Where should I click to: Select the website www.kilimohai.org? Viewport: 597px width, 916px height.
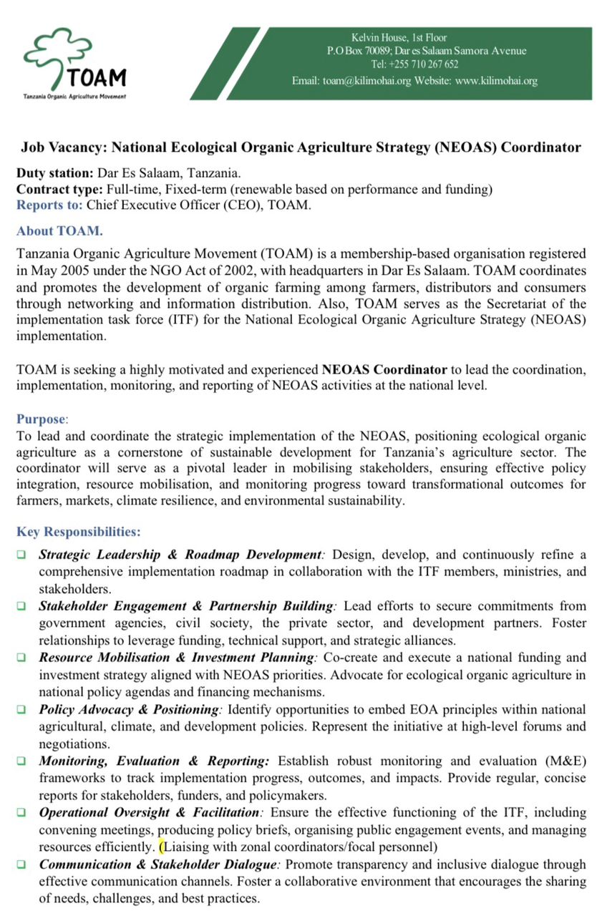(496, 81)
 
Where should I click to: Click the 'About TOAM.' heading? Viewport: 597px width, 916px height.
(59, 230)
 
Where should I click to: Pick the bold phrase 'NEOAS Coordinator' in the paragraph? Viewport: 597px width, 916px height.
(384, 370)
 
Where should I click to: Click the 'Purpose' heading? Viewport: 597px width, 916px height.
(41, 419)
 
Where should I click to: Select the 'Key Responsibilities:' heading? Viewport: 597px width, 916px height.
(78, 532)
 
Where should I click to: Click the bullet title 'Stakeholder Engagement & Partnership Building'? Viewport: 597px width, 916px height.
(186, 606)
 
